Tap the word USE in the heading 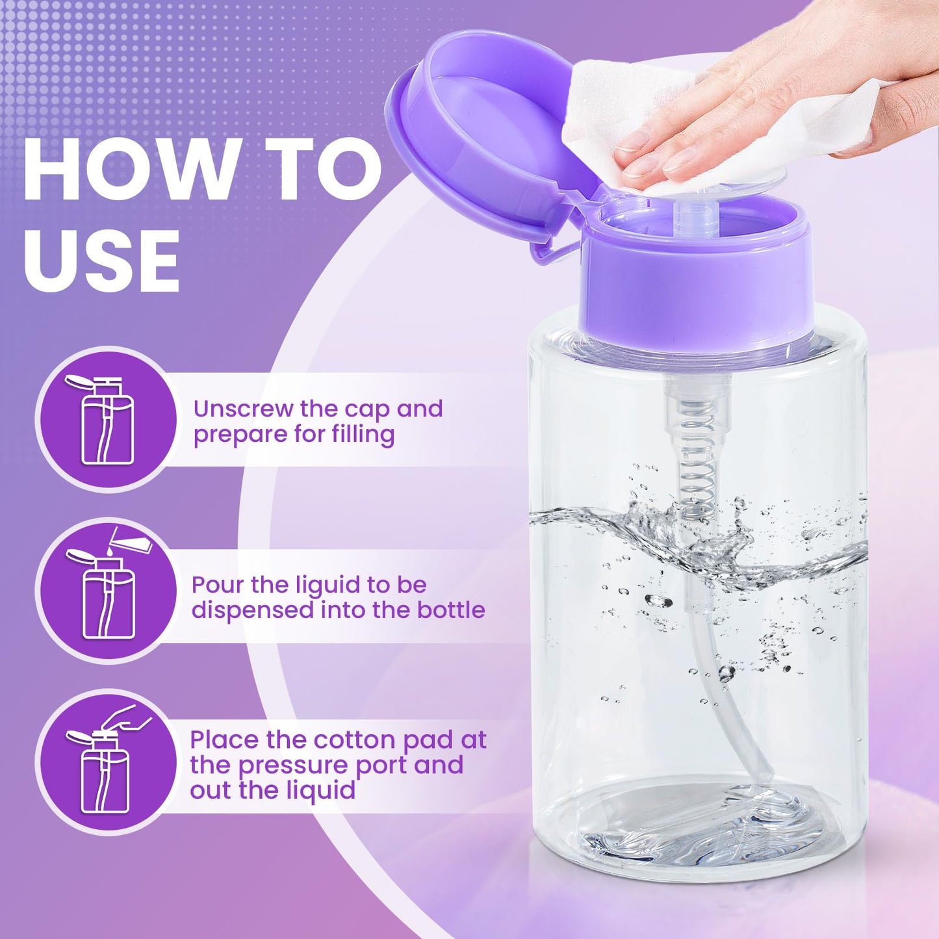point(102,260)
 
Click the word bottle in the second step point(451,610)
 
